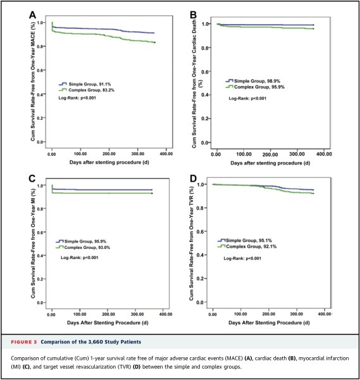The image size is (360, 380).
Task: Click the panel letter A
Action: coord(32,15)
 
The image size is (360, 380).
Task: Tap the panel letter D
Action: coord(193,179)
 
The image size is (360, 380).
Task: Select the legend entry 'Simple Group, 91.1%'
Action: coord(85,84)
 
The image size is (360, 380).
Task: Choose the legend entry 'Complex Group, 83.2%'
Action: coord(87,90)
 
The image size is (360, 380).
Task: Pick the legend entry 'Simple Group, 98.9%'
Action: coord(252,81)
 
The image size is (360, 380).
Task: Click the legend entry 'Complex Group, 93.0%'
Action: coord(83,248)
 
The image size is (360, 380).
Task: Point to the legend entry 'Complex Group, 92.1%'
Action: coord(247,246)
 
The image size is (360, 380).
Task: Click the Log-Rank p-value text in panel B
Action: coord(247,98)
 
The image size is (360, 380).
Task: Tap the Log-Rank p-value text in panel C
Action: coord(80,257)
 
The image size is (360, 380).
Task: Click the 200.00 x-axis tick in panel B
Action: coord(270,154)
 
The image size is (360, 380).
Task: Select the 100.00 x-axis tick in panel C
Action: coord(80,314)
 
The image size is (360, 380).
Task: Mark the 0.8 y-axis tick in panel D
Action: coord(200,208)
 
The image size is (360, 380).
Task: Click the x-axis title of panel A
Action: coord(109,162)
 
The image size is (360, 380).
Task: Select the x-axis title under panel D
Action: coord(269,322)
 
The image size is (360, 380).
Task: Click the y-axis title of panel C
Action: coord(33,243)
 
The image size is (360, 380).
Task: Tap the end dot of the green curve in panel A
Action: coord(155,42)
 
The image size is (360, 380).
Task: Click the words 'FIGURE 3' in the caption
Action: coord(23,342)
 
